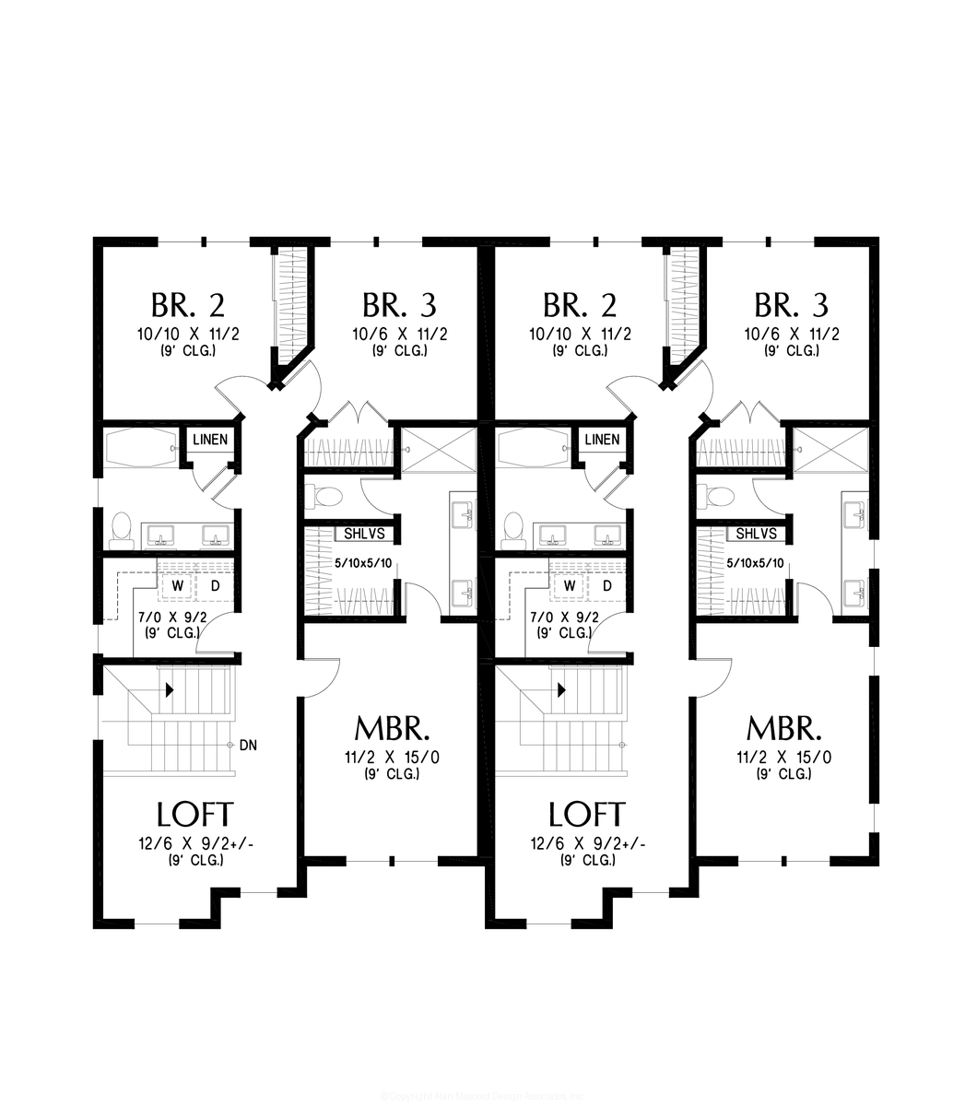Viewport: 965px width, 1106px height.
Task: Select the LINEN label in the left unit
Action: [210, 440]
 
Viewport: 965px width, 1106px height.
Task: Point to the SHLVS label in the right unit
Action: [756, 534]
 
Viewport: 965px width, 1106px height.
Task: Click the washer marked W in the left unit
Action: [177, 585]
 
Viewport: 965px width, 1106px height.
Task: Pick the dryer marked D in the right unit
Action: [608, 585]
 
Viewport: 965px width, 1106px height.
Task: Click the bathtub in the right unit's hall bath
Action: [532, 450]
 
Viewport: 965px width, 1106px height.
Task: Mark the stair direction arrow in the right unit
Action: [560, 689]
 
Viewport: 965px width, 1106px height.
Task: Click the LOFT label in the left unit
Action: [194, 815]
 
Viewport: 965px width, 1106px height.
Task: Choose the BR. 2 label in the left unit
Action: [187, 304]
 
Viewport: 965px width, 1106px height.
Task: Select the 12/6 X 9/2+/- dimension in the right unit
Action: [587, 844]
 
